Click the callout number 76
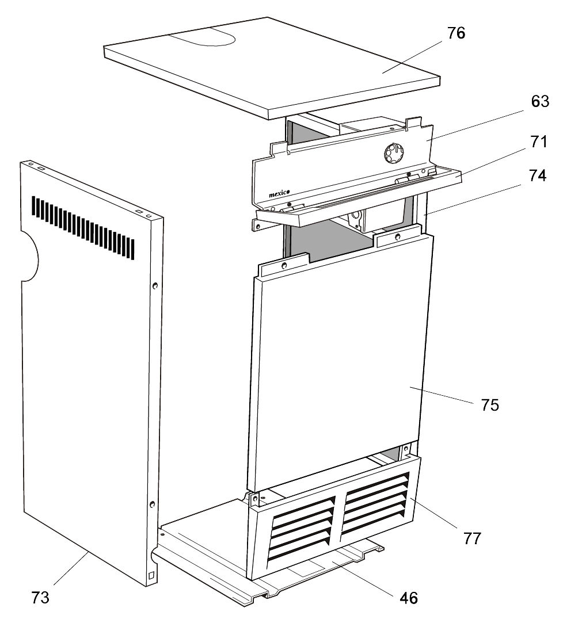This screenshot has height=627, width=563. [456, 33]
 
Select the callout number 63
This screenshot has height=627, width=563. [540, 102]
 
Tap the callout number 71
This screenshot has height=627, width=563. [539, 142]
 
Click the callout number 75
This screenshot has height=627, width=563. [490, 405]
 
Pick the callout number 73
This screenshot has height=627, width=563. [40, 598]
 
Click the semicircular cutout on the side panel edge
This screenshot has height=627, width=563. [29, 256]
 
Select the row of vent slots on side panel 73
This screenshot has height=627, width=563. [83, 228]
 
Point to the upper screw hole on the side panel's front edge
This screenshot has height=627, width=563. [155, 285]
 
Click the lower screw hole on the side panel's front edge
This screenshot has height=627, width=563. [152, 504]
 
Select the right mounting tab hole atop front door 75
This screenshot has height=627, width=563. [397, 236]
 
